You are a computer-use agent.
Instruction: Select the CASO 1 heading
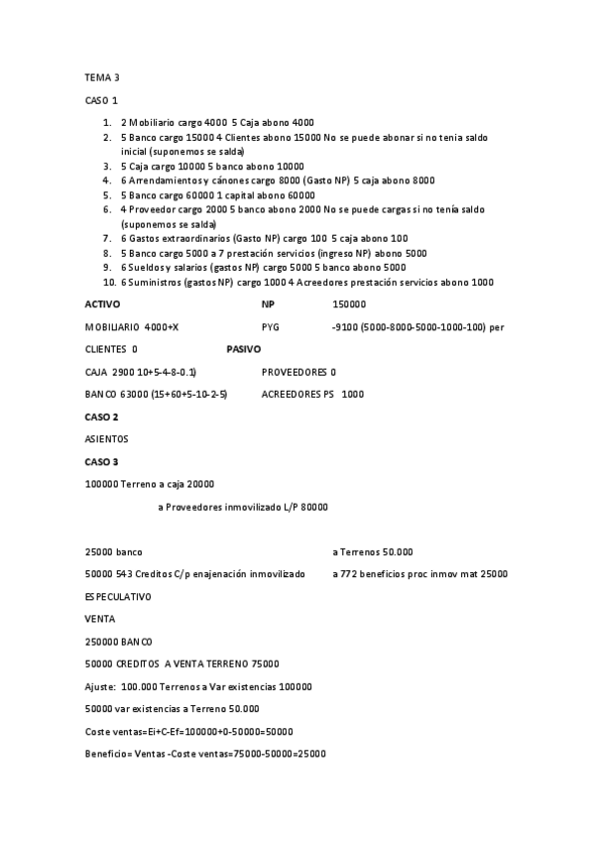tap(102, 100)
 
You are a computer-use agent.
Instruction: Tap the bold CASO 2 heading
tap(102, 417)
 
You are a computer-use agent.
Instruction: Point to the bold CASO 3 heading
tap(102, 461)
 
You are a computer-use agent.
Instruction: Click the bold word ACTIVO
tap(103, 304)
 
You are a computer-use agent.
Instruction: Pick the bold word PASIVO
tap(244, 349)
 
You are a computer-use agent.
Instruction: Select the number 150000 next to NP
tap(349, 304)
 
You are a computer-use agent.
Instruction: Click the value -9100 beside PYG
tap(345, 327)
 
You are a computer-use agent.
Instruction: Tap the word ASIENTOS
tap(107, 439)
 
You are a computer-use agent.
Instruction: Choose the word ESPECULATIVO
tap(118, 596)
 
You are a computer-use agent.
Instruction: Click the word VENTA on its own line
tap(100, 619)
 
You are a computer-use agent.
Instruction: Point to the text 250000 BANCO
tap(119, 642)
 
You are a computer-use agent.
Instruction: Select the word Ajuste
tap(101, 686)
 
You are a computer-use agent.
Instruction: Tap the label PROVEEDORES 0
tap(298, 372)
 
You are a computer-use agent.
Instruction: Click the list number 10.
tap(109, 283)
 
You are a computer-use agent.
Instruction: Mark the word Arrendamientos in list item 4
tap(164, 180)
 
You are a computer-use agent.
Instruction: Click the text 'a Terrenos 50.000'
tap(373, 551)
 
